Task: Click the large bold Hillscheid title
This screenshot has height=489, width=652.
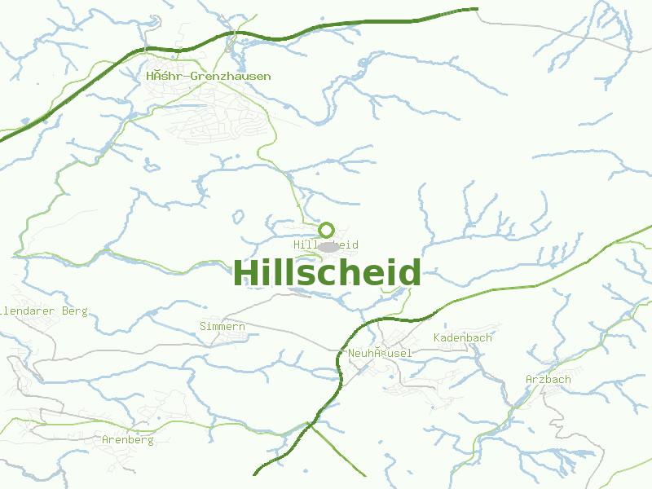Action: tap(327, 273)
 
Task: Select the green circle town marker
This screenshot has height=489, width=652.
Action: tap(327, 230)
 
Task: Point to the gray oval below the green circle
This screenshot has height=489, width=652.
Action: tap(328, 246)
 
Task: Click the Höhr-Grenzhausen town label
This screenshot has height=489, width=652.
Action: tap(209, 76)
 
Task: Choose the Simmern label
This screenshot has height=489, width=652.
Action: tap(222, 326)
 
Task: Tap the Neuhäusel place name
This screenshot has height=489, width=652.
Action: tap(380, 353)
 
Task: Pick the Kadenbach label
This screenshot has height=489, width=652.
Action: tap(463, 337)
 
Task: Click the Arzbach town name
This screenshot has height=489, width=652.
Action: tap(548, 379)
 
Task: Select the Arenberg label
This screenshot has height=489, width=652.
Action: tap(128, 439)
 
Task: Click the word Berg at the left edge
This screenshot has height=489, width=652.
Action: tap(74, 311)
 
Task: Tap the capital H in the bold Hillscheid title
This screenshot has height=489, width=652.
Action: tap(245, 273)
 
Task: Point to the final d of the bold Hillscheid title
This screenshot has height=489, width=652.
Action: tap(411, 273)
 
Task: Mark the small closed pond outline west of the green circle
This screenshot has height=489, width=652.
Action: tap(238, 218)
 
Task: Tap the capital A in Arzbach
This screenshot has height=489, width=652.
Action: tap(530, 379)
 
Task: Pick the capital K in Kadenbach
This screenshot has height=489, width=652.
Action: tap(438, 337)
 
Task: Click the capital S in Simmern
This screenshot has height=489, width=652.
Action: tap(203, 326)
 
